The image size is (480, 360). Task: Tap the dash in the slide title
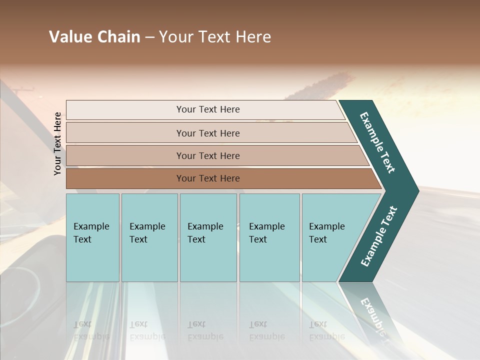pos(149,37)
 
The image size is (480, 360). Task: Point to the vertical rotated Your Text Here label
pos(57,143)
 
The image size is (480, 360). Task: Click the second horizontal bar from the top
pos(207,133)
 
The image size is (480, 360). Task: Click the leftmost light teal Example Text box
pos(92,237)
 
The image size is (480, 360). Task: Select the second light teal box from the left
pos(149,237)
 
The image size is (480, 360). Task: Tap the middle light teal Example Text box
pos(208,237)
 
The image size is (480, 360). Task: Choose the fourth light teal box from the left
pos(269,237)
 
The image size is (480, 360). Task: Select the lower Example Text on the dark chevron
pos(379,236)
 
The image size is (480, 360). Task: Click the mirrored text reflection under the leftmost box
pos(91,330)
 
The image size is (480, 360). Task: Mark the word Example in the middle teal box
pos(205,226)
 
